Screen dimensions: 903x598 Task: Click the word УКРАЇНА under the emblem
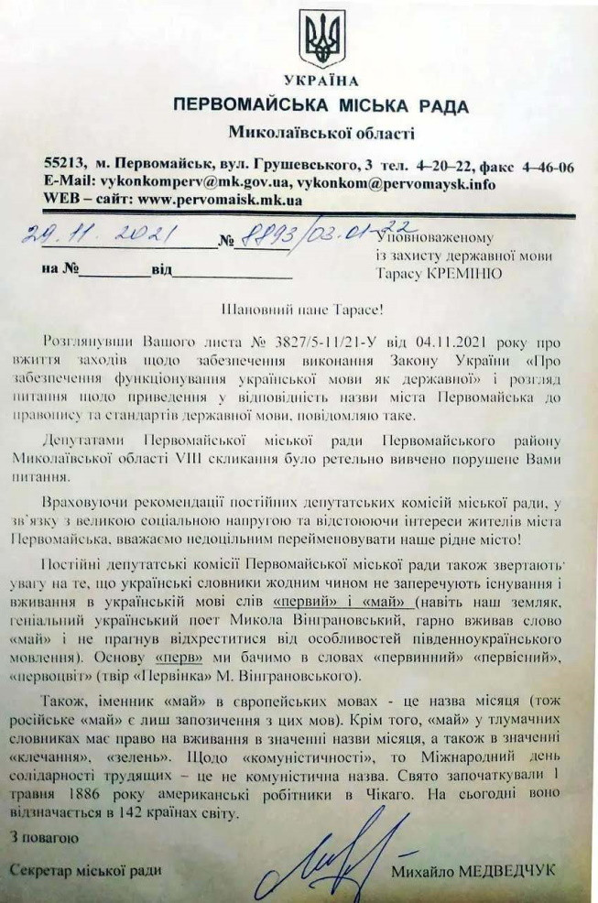(321, 80)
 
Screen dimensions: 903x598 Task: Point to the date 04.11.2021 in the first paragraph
(458, 340)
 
